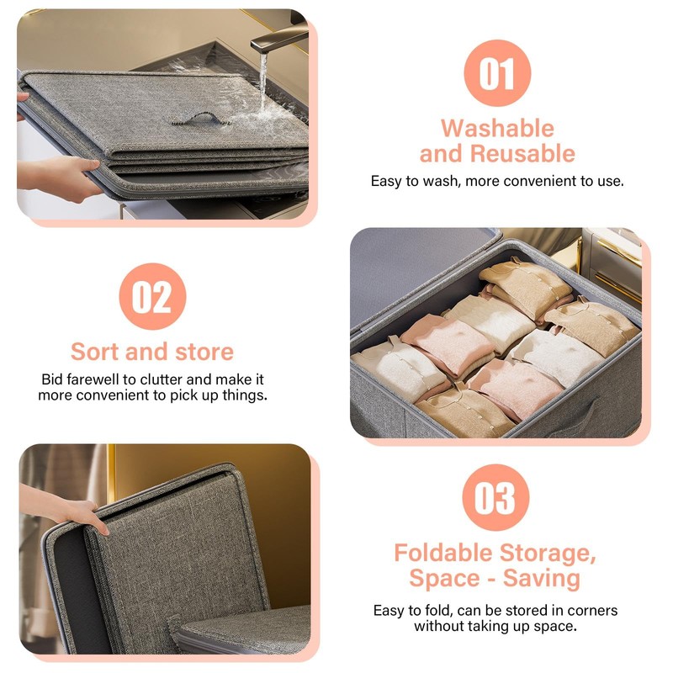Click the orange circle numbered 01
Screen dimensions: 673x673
tap(496, 72)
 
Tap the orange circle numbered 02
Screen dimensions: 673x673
tap(152, 297)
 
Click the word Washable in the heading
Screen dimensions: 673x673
tap(497, 129)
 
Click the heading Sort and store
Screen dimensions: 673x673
tap(152, 351)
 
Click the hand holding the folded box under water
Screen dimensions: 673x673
tap(63, 176)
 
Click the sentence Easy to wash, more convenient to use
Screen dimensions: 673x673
tap(497, 181)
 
